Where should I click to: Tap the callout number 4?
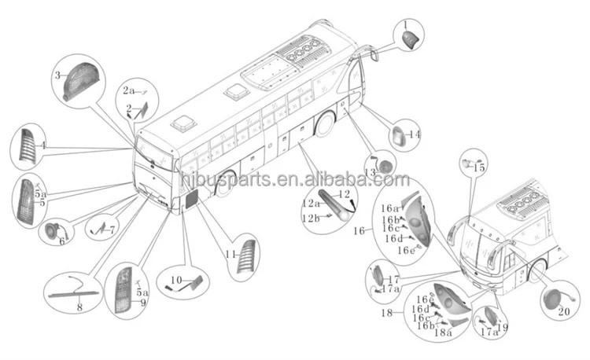tap(43, 145)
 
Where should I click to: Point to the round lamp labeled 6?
tap(54, 232)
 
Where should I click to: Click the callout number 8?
tap(79, 308)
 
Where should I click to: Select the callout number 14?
tap(415, 134)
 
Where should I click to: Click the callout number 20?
tap(562, 310)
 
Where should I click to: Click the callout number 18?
tap(387, 313)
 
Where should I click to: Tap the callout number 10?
tap(177, 280)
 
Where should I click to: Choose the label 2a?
tap(129, 90)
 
